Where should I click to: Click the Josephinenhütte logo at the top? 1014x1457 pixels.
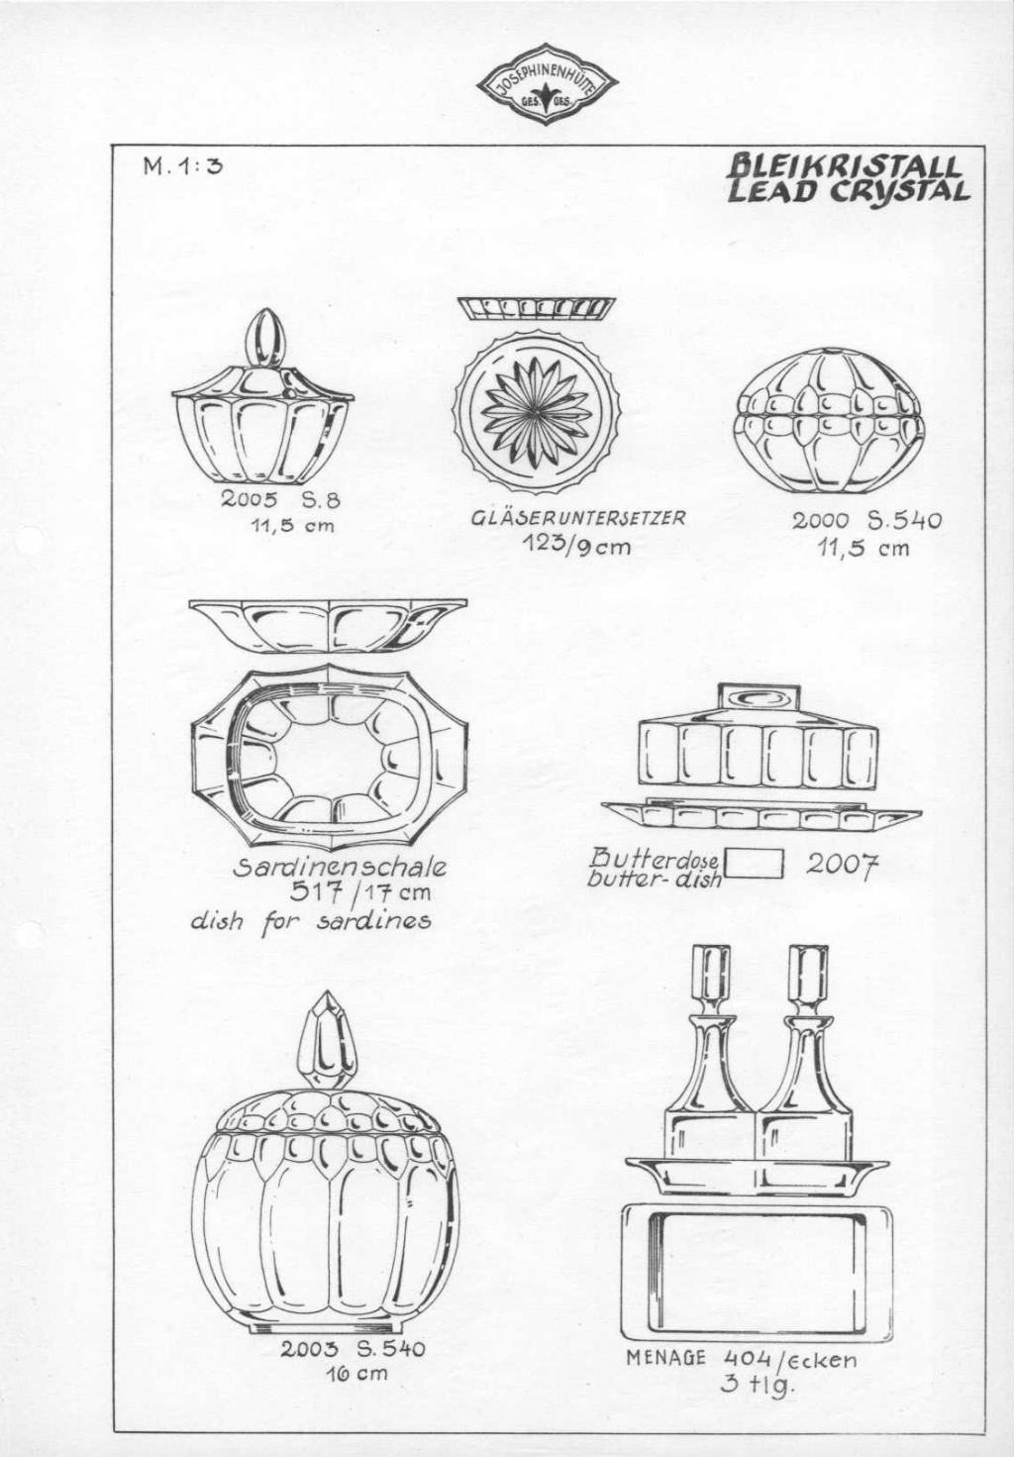[548, 86]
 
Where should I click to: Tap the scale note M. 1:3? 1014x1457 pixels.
[183, 166]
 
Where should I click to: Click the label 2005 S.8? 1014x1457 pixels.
[281, 500]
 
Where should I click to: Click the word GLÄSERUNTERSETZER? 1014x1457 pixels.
[578, 518]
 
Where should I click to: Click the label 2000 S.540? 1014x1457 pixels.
[866, 521]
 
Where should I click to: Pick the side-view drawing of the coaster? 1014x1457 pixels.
[537, 308]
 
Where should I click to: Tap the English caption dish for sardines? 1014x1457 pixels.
[310, 920]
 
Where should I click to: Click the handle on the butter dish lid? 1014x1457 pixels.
[758, 700]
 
